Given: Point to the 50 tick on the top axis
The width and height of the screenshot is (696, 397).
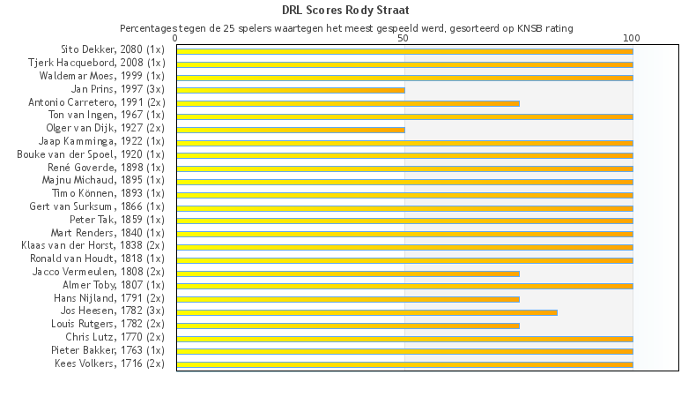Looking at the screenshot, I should pyautogui.click(x=404, y=39).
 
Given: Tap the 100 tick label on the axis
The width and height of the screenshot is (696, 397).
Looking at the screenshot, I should pyautogui.click(x=631, y=39).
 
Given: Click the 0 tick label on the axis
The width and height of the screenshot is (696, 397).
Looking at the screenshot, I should pyautogui.click(x=176, y=39).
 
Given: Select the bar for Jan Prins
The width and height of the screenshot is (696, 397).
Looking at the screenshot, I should pyautogui.click(x=291, y=90).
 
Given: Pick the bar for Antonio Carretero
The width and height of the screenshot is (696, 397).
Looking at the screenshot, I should pyautogui.click(x=348, y=103).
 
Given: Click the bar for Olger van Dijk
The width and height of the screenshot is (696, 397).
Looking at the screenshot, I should pyautogui.click(x=291, y=130).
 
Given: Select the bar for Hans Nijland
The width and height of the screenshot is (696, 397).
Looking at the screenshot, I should pyautogui.click(x=348, y=299).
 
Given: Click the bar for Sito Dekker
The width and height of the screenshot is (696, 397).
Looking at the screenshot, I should pyautogui.click(x=404, y=51).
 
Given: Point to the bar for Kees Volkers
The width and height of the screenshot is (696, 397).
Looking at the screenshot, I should pyautogui.click(x=404, y=364).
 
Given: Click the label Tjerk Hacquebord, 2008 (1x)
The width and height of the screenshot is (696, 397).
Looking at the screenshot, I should pyautogui.click(x=96, y=63).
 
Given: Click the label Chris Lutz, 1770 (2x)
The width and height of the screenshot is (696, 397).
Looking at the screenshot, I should pyautogui.click(x=115, y=337).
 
